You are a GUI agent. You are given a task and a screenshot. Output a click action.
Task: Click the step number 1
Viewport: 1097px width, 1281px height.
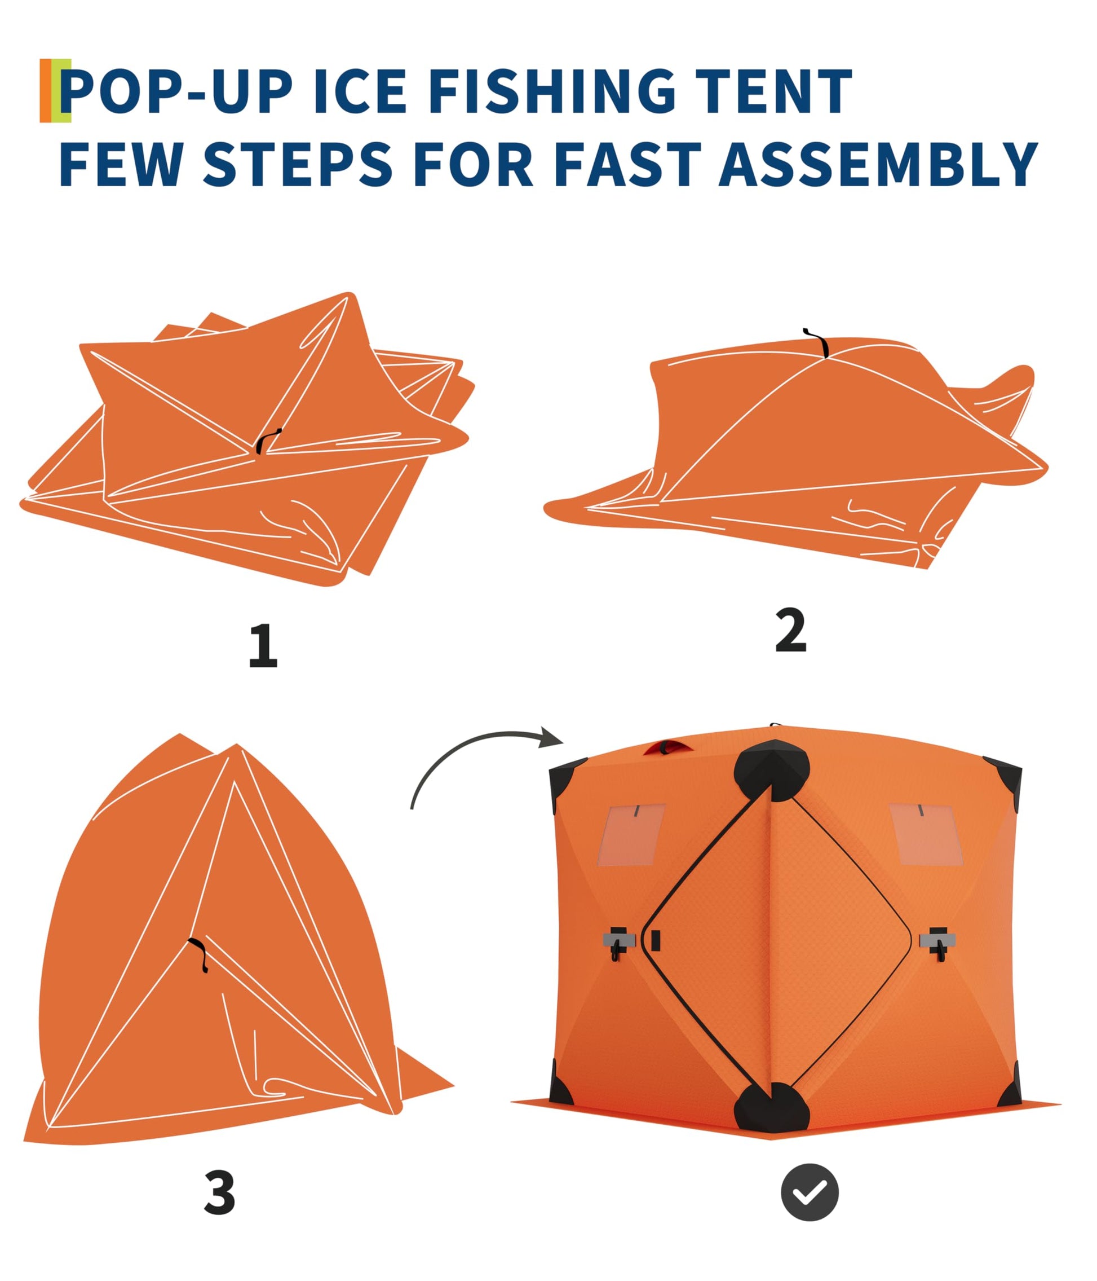263,645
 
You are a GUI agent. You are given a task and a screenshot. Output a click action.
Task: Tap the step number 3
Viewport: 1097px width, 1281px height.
219,1192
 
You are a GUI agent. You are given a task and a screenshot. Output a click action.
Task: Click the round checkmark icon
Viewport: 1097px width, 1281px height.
810,1192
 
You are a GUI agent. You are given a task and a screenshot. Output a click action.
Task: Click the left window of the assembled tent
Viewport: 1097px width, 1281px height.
631,835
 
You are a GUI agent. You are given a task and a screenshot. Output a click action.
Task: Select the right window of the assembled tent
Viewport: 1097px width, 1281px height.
925,834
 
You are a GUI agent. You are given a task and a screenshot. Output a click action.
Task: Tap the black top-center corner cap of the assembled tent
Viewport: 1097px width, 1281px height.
771,771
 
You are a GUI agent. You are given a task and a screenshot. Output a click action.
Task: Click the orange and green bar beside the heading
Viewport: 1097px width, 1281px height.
55,90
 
